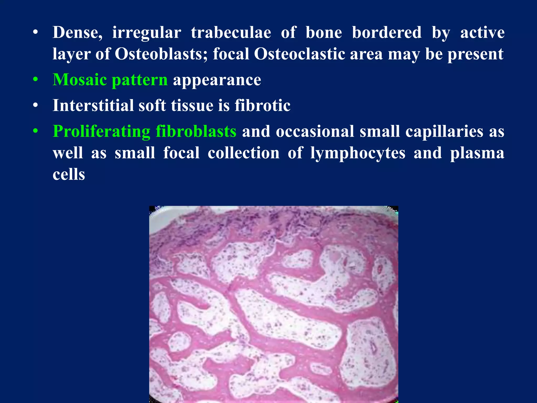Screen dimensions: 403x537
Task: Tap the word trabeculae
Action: click(x=231, y=33)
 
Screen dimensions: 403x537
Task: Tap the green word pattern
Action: click(x=139, y=80)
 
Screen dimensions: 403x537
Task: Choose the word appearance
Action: click(x=217, y=80)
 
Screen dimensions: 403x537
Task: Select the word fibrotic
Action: click(x=262, y=105)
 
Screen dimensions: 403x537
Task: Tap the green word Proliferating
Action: click(x=101, y=131)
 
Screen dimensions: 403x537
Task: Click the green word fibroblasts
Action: click(x=196, y=131)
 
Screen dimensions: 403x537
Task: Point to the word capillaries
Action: click(x=444, y=131)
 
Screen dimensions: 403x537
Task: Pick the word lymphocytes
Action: click(x=358, y=153)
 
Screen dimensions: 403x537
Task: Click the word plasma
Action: click(x=477, y=153)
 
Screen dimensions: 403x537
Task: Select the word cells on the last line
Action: click(x=69, y=174)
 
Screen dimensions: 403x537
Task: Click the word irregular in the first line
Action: click(x=147, y=33)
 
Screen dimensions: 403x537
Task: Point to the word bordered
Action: click(x=386, y=33)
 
